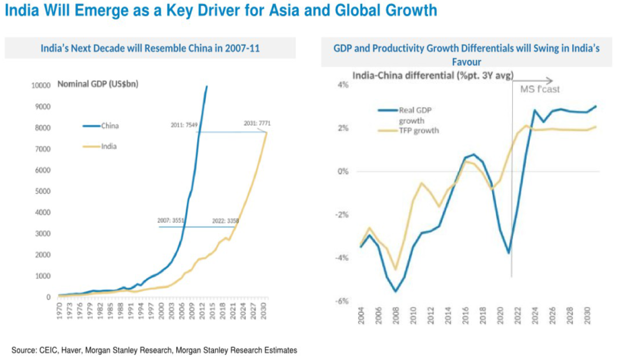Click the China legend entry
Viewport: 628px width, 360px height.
[101, 126]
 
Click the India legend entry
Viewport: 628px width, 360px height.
[100, 146]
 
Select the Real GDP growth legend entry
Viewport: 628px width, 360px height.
[406, 115]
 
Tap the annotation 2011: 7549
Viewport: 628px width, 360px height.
[184, 125]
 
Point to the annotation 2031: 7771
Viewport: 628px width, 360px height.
[257, 124]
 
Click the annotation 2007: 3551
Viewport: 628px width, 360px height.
[171, 221]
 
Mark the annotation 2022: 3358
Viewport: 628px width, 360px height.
[225, 221]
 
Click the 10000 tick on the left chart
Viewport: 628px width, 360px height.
[41, 85]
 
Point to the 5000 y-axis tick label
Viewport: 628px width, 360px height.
[43, 191]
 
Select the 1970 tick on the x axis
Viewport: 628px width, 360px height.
[59, 312]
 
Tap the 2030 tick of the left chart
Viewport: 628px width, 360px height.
[263, 312]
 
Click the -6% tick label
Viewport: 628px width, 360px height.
[342, 301]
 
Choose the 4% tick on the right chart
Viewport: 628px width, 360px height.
[343, 85]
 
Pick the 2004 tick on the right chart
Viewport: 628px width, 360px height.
[361, 315]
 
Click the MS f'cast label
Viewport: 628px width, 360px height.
[540, 89]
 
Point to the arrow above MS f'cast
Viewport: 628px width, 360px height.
[533, 81]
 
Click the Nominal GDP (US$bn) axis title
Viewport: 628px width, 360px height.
[98, 84]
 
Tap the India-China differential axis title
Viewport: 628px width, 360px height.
[433, 75]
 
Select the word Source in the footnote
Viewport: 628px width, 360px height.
[24, 351]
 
